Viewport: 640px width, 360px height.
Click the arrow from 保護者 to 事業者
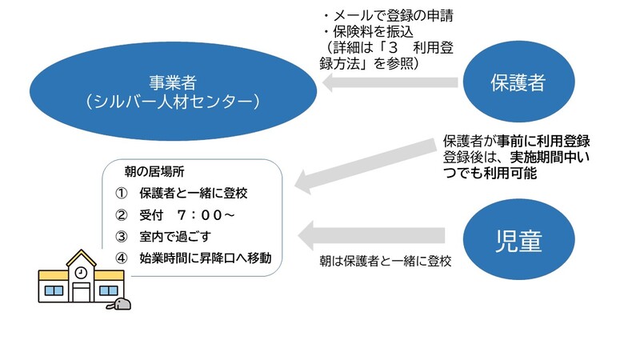pos(391,82)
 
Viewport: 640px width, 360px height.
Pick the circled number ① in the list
pos(122,194)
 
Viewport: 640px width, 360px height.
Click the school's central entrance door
pos(82,291)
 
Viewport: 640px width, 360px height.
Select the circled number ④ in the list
pos(122,258)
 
